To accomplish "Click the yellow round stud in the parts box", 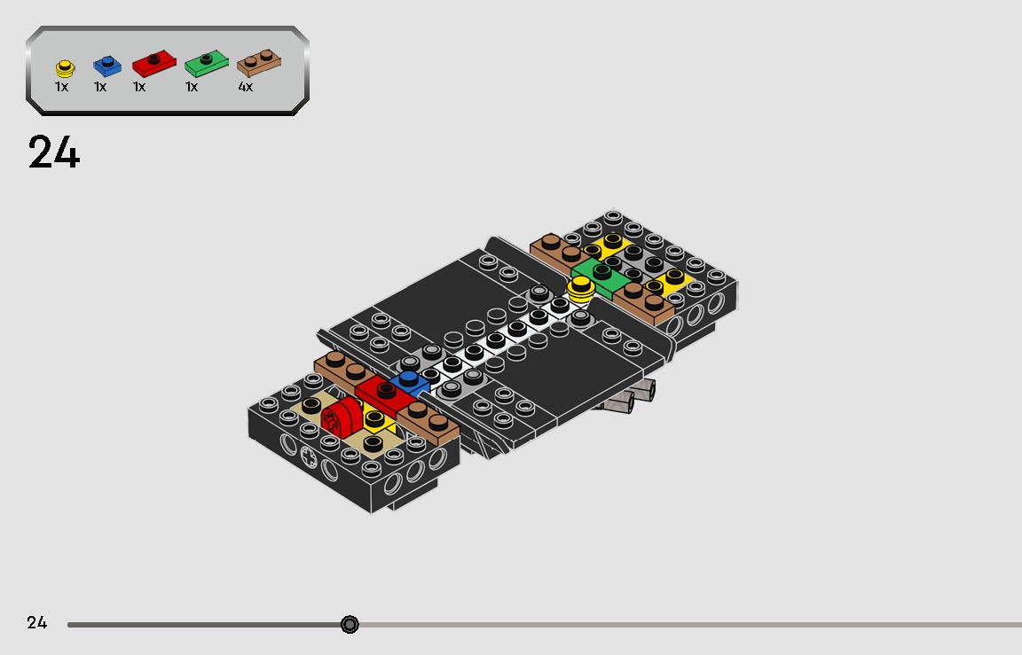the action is [65, 67].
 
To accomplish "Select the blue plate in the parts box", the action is [107, 66].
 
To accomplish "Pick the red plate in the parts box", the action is [153, 63].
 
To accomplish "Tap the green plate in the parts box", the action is [206, 63].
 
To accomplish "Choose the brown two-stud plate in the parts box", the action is [259, 63].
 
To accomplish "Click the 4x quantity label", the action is [245, 87].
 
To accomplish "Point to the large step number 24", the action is [54, 152].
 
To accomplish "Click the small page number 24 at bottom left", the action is [37, 622].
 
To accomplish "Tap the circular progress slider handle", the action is [350, 624].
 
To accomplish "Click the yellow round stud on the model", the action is [580, 288].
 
